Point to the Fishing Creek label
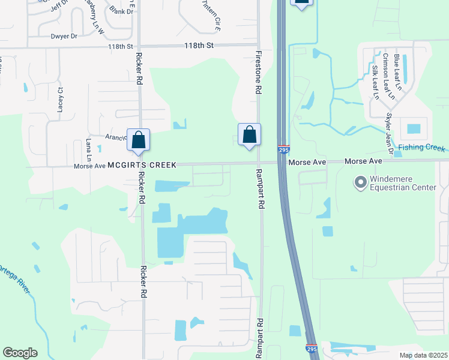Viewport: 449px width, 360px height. coord(423,148)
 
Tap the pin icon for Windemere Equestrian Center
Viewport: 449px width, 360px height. coord(360,182)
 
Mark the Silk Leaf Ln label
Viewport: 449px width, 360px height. coord(376,83)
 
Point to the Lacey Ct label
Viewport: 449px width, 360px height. coord(60,99)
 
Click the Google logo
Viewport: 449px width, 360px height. coord(20,353)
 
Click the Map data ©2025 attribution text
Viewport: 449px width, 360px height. coord(423,355)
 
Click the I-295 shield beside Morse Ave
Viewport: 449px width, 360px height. coord(282,148)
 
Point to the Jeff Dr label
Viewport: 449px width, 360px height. coord(61,7)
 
